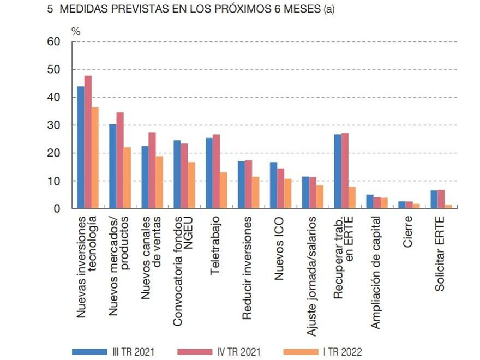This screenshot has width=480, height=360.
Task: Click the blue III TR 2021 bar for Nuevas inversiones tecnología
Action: click(81, 147)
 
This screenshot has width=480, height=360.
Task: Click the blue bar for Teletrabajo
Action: click(209, 173)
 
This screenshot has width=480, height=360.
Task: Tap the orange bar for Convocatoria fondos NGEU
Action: click(191, 185)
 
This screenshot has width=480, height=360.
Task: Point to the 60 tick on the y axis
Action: click(53, 42)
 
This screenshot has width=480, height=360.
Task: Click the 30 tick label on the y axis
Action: click(53, 125)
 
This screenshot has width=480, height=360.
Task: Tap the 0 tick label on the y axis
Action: click(56, 208)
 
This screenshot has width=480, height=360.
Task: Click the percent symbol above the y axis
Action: click(76, 32)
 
